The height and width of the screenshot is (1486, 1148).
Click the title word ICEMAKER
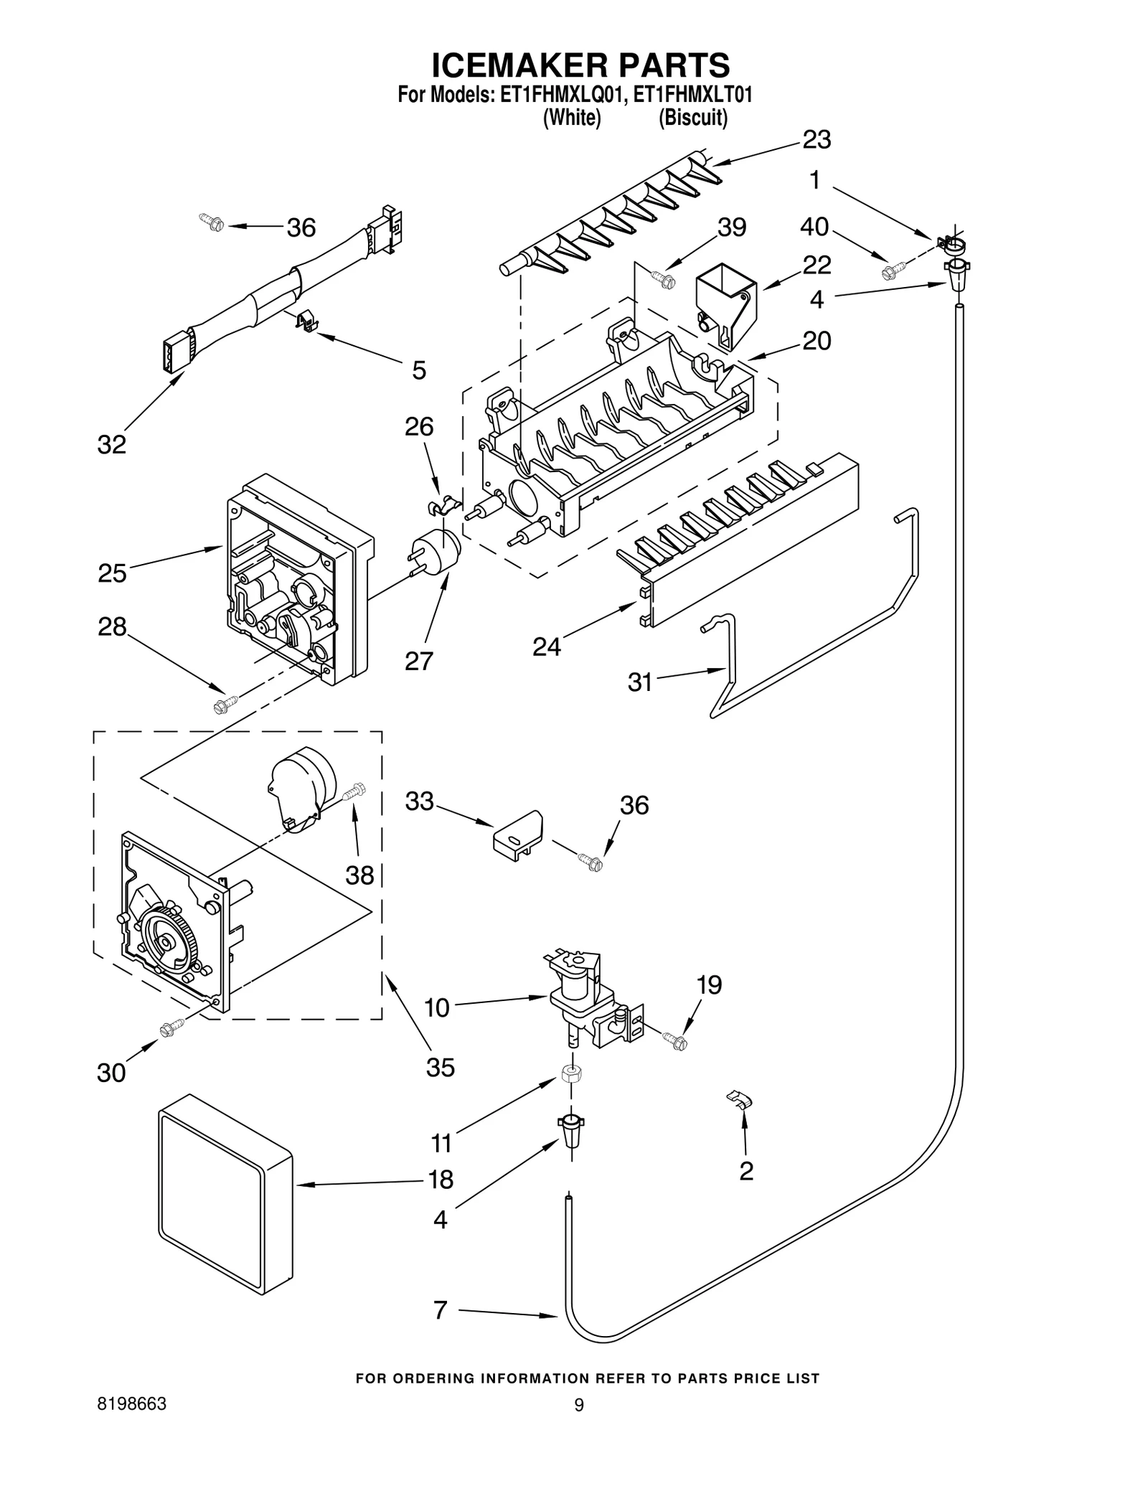pyautogui.click(x=510, y=65)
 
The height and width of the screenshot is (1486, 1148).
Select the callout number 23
pyautogui.click(x=816, y=140)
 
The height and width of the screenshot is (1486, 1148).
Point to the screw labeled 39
pyautogui.click(x=663, y=280)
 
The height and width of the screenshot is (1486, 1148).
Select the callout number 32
pyautogui.click(x=112, y=445)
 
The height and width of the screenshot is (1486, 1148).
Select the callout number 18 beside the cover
pyautogui.click(x=441, y=1180)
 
